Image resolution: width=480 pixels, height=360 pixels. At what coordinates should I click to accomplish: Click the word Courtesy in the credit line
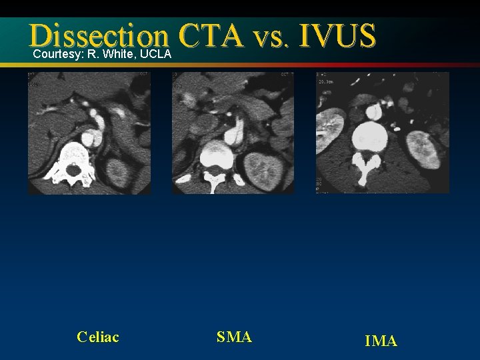[55, 53]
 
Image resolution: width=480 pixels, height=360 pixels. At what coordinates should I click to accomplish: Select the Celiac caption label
[98, 337]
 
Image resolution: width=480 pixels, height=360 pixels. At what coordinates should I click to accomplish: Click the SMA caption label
[234, 337]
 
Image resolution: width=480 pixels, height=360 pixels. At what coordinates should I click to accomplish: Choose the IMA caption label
[381, 341]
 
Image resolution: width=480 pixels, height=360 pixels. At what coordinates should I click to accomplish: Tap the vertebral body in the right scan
[370, 135]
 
